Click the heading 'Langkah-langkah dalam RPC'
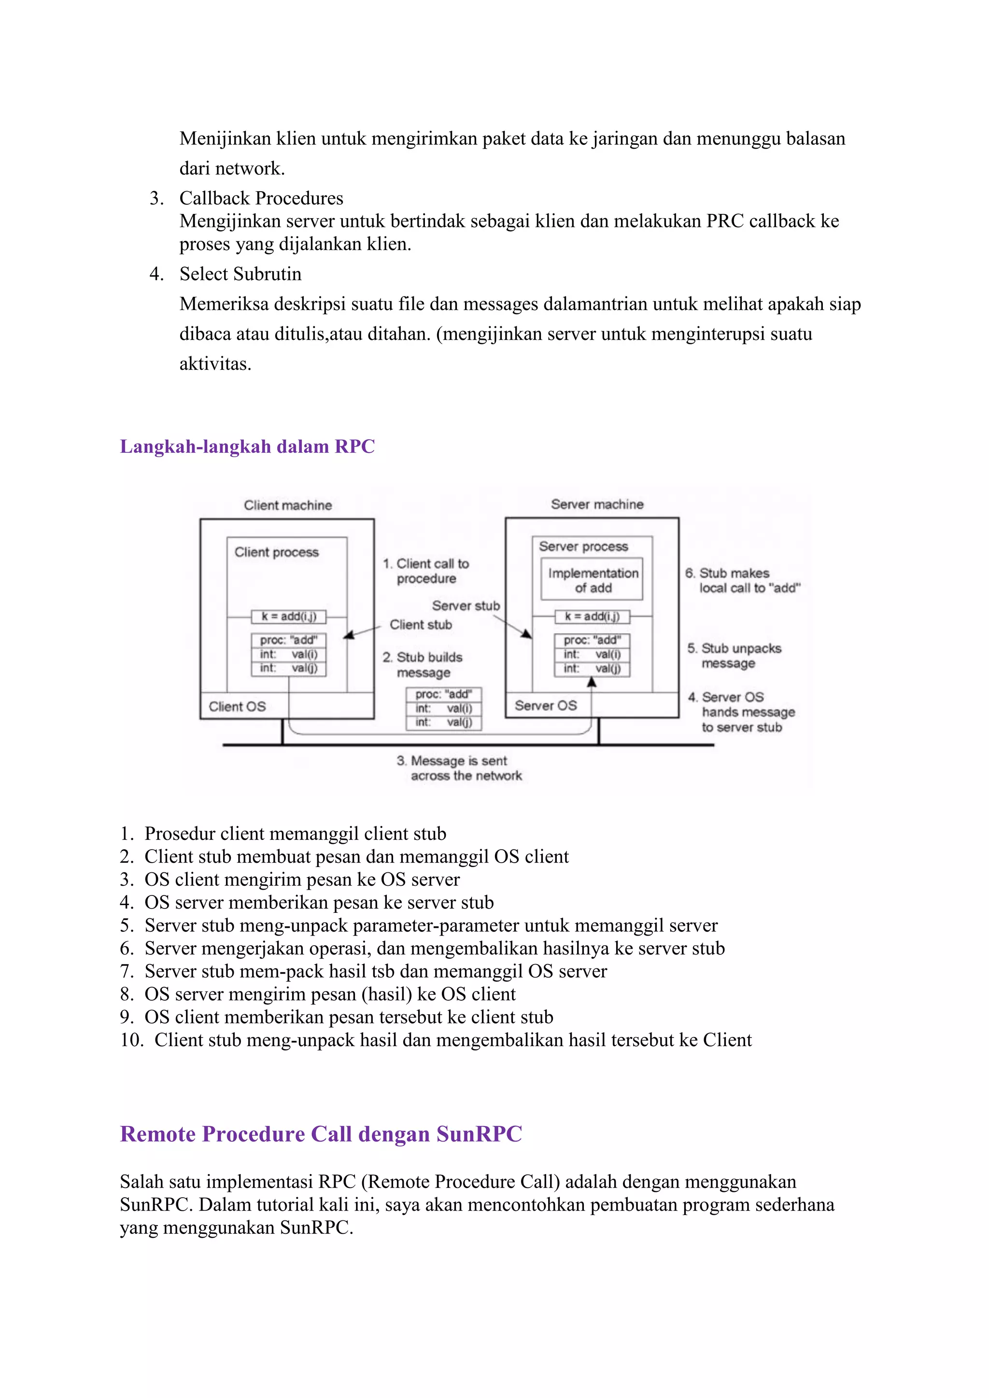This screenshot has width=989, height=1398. (247, 447)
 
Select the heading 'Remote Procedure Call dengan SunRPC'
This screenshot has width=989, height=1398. (321, 1134)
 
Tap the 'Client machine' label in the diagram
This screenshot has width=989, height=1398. (287, 505)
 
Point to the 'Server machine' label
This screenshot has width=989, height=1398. (597, 504)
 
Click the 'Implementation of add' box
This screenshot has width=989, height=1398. (592, 580)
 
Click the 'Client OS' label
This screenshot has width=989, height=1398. (238, 706)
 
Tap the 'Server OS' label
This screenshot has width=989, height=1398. (545, 705)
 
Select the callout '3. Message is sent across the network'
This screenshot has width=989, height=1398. (460, 768)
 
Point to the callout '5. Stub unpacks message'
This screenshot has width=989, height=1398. (735, 656)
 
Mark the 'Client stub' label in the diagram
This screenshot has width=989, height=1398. (421, 625)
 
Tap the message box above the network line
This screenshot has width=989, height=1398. (444, 708)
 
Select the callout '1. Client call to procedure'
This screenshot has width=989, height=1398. (426, 571)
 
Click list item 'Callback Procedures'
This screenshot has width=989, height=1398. (261, 198)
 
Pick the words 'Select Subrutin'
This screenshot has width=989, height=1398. (240, 274)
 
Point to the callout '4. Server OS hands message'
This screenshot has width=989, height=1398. (742, 712)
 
